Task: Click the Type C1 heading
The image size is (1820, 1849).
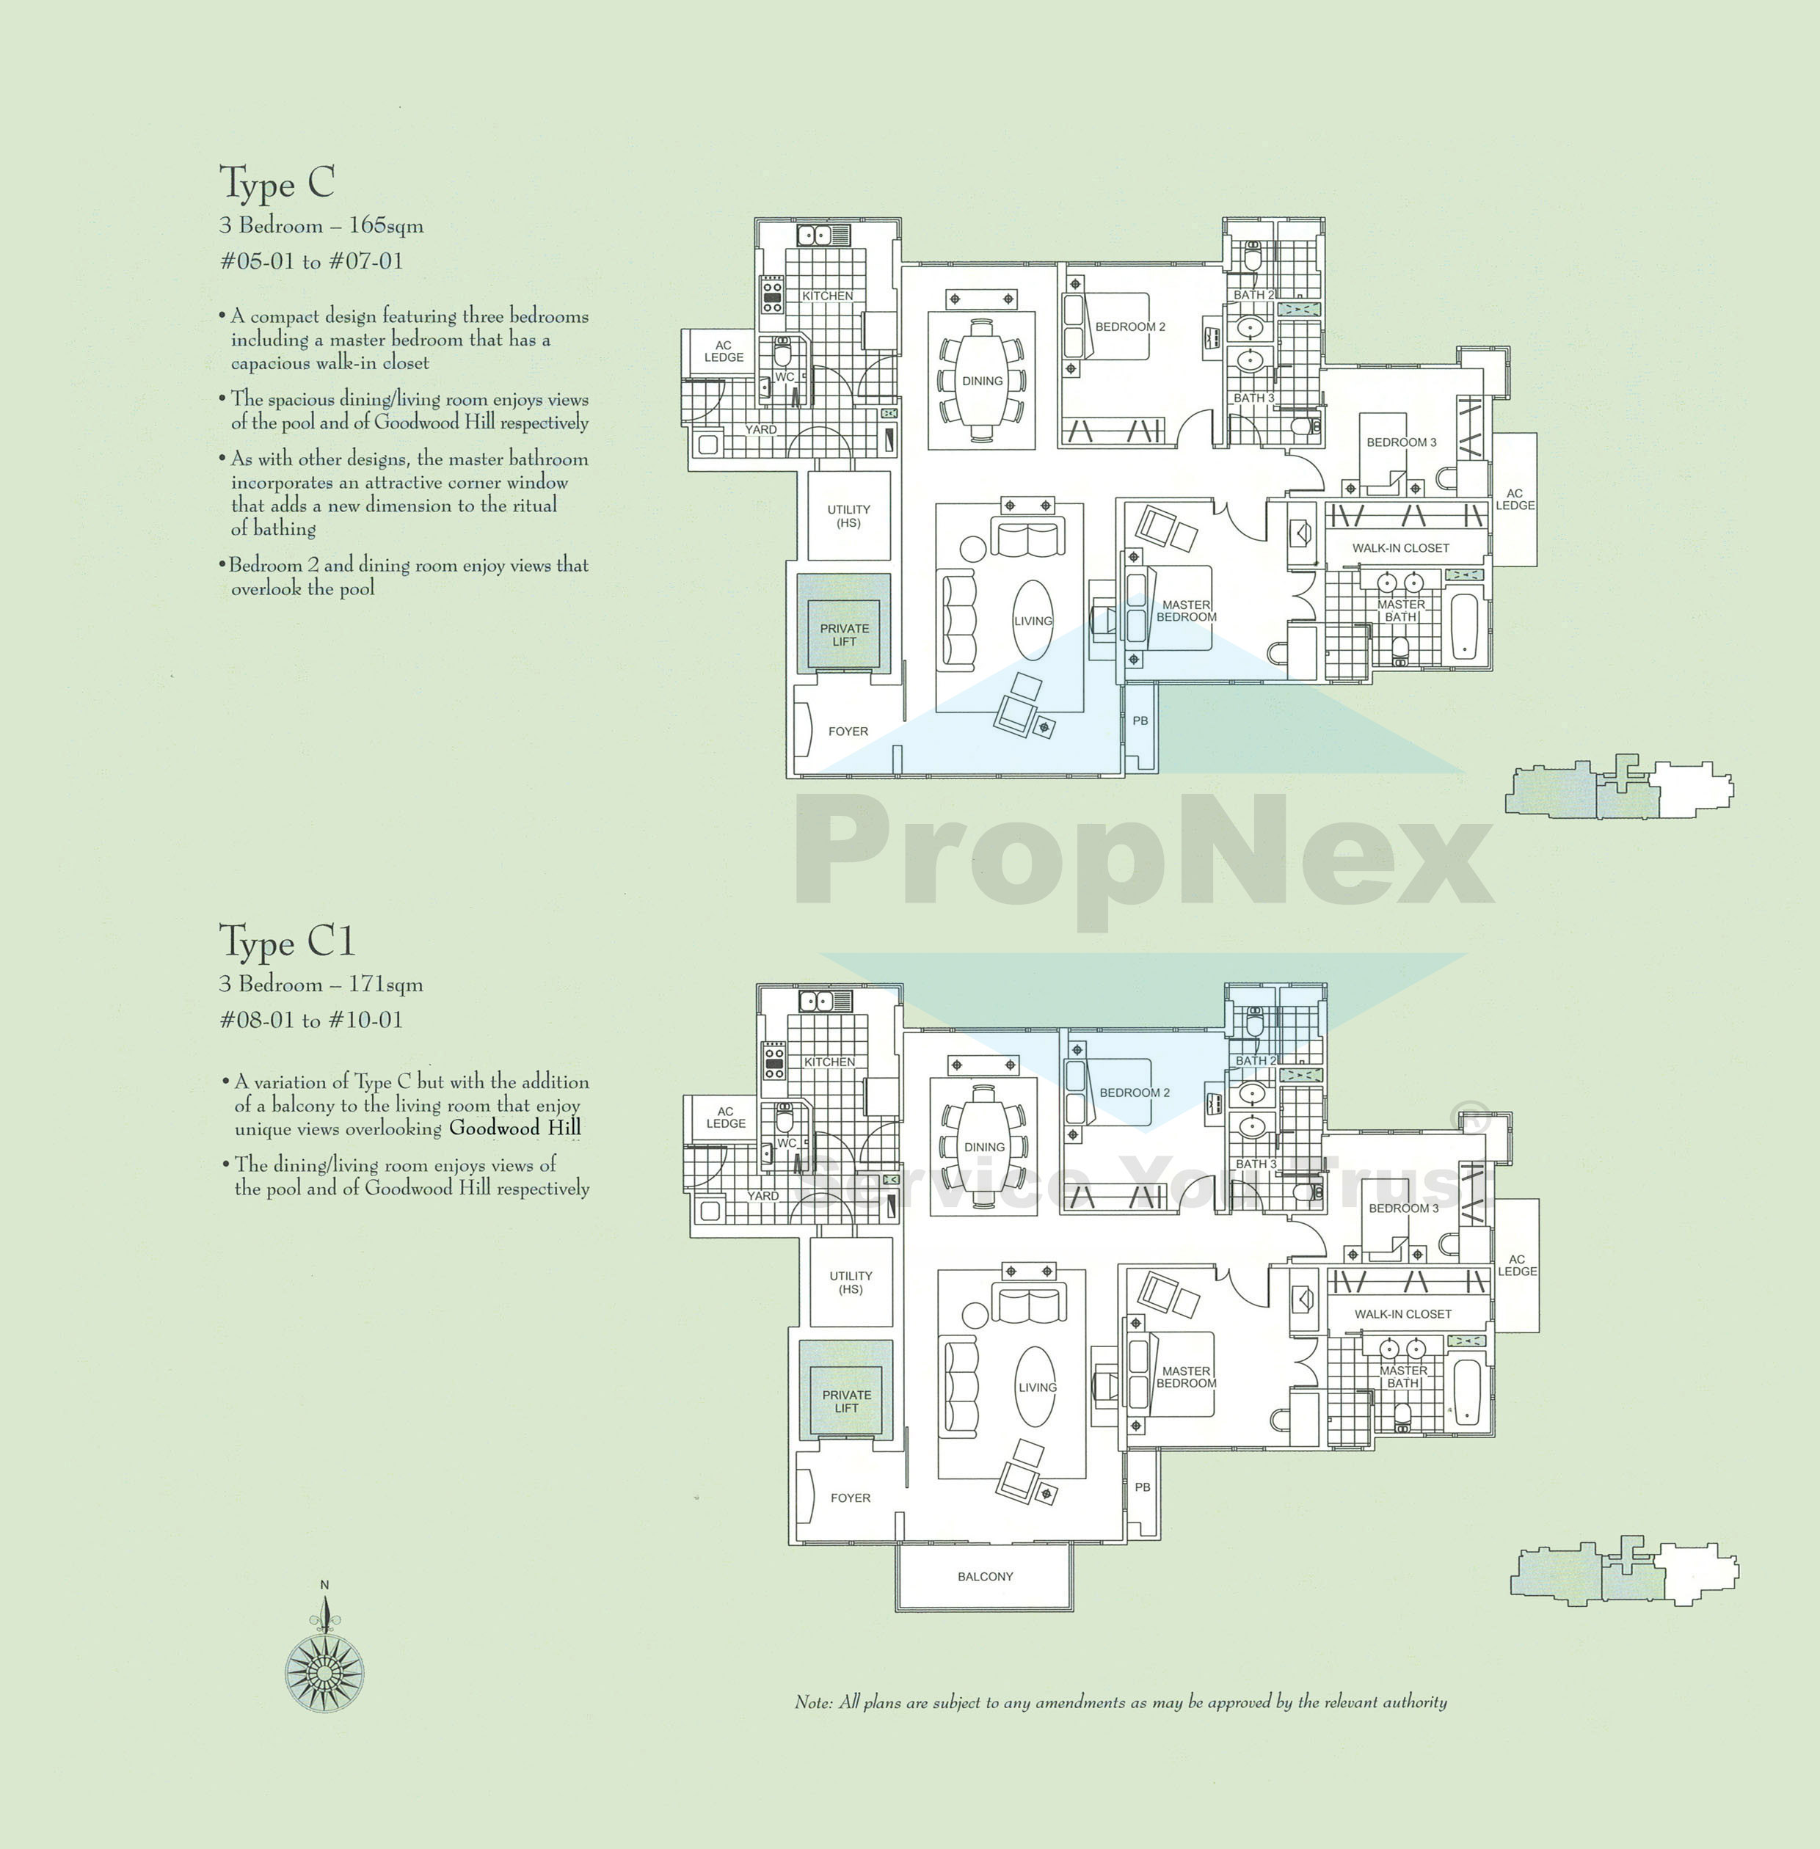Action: coord(287,941)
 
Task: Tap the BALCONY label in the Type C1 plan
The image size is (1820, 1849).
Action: coord(985,1577)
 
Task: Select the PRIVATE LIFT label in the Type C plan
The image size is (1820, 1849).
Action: coord(844,635)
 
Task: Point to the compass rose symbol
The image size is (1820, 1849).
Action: coord(324,1672)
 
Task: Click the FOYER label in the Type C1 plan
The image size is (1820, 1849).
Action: coord(850,1498)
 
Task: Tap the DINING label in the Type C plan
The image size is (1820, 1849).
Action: coord(982,380)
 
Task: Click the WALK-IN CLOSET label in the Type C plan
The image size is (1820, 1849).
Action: coord(1399,547)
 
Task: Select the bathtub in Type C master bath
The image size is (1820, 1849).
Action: coord(1463,626)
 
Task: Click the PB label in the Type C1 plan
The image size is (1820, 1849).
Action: coord(1143,1487)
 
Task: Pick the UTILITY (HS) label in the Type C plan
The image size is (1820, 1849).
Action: coord(848,516)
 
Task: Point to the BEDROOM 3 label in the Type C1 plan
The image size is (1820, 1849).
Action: coord(1402,1208)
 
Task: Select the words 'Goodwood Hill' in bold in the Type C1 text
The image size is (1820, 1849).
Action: coord(514,1128)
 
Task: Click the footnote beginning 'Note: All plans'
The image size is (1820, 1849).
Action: coord(1121,1702)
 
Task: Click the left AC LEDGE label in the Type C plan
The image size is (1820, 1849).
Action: coord(724,351)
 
